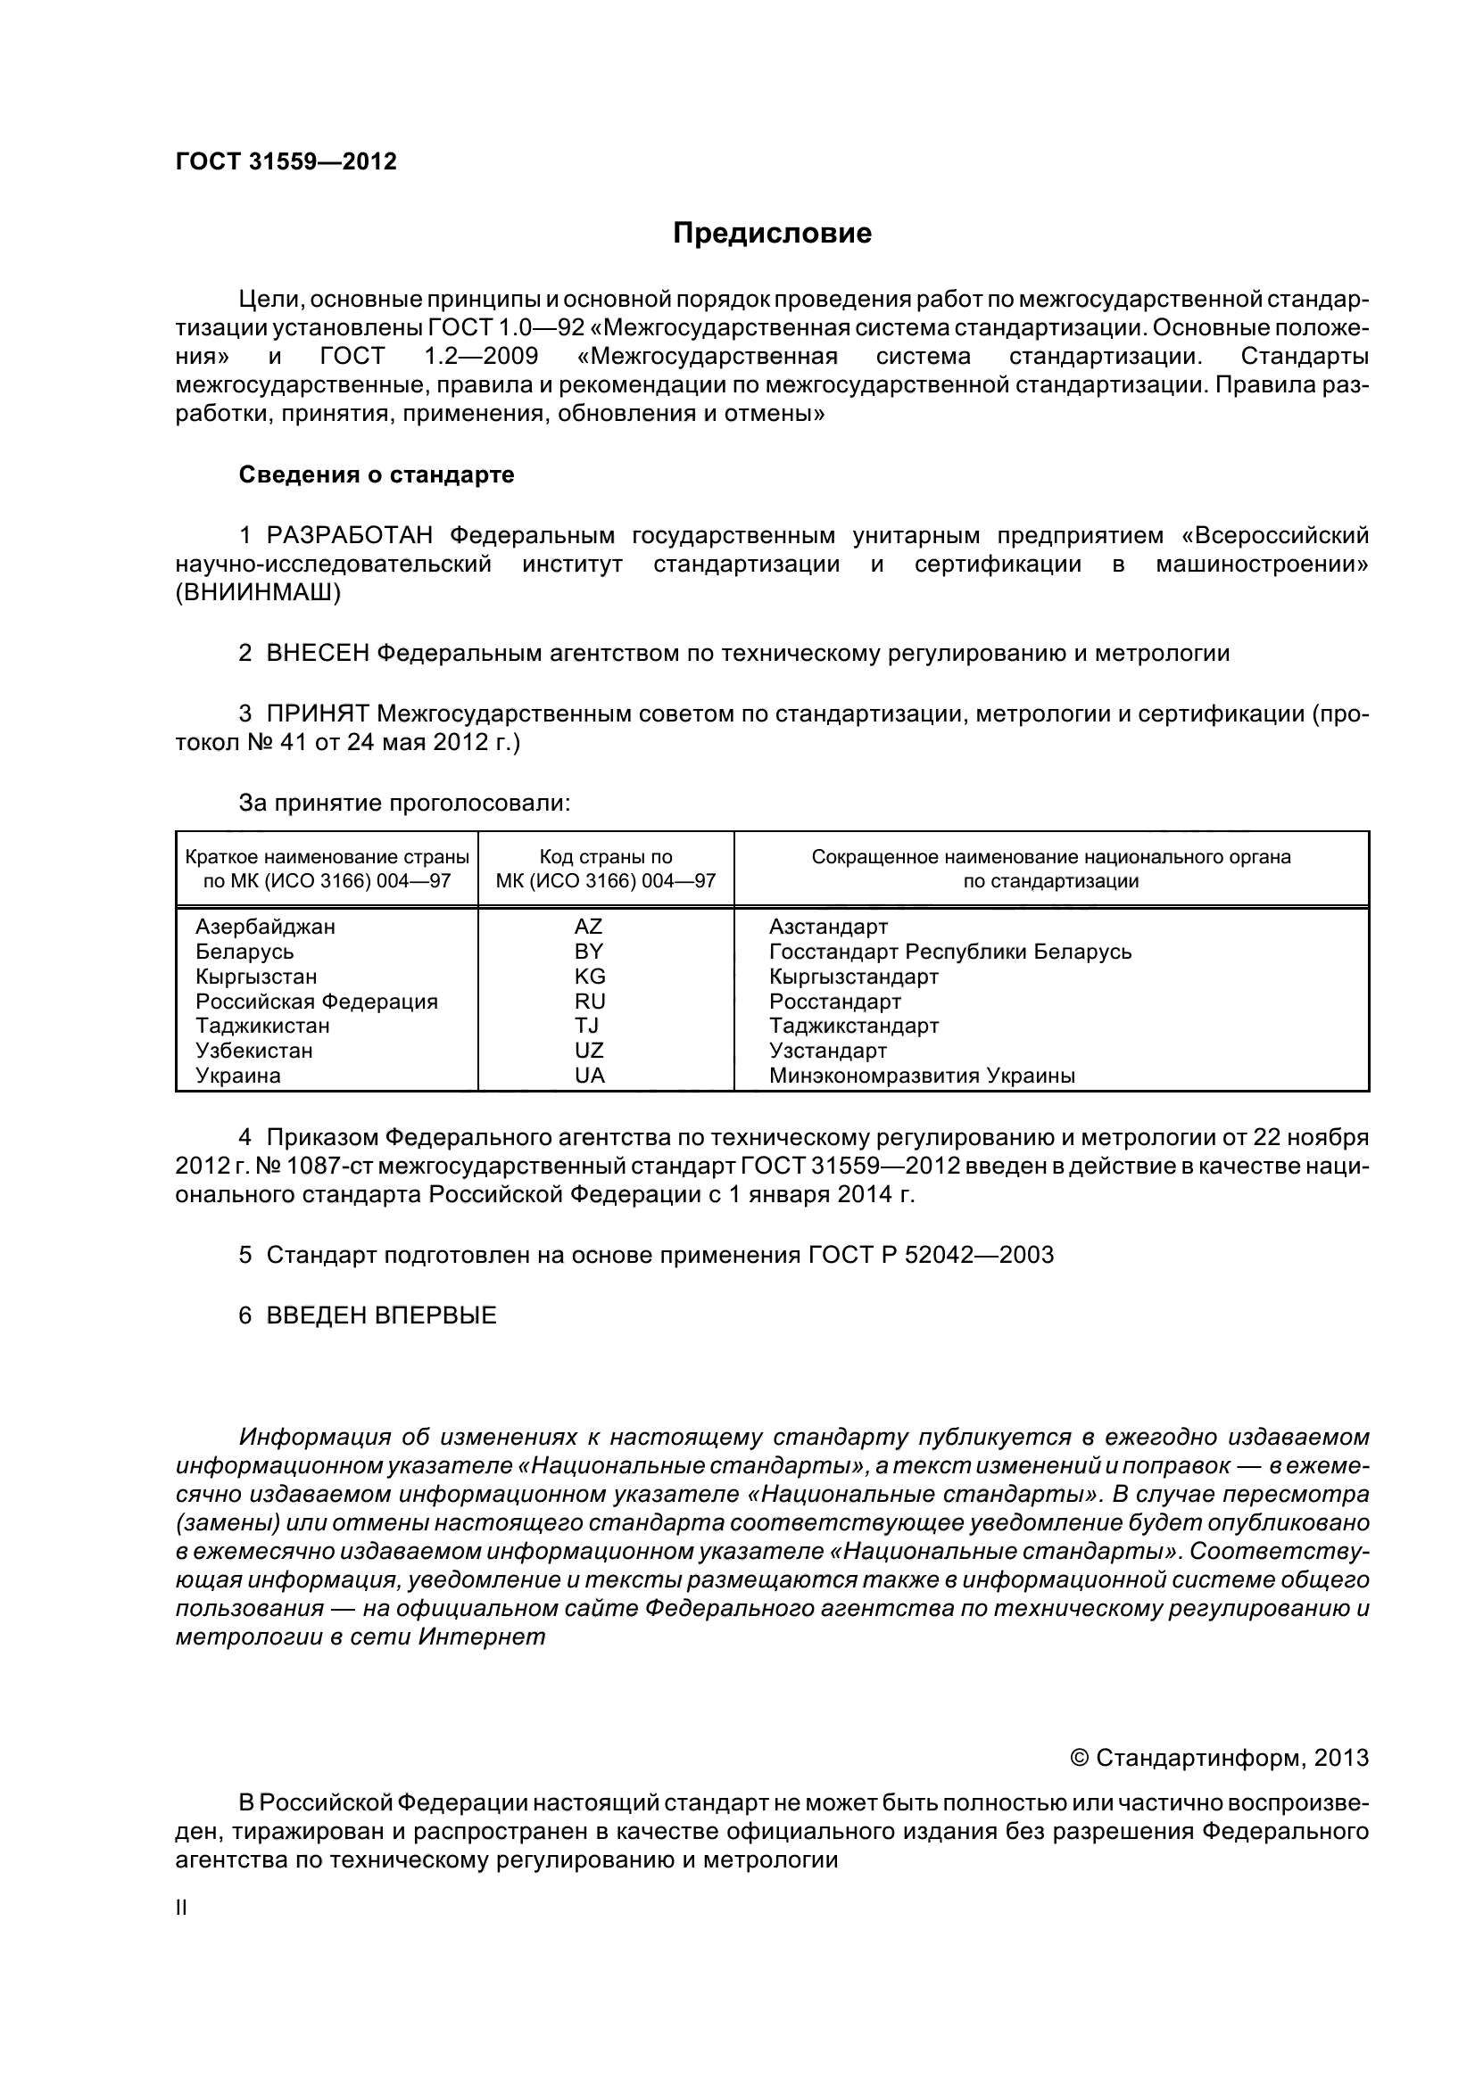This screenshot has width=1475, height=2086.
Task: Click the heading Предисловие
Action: (772, 234)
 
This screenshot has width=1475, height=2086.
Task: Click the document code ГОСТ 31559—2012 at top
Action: (286, 161)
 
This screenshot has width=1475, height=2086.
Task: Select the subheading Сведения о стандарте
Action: (377, 475)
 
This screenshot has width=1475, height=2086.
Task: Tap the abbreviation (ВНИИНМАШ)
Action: (258, 593)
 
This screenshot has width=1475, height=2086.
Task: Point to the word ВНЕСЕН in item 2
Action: (318, 653)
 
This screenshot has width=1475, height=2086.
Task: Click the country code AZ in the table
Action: (588, 927)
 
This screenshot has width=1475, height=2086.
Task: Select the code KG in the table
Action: (589, 977)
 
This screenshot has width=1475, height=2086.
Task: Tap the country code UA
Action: (589, 1076)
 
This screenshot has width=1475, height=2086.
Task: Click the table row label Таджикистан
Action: (262, 1026)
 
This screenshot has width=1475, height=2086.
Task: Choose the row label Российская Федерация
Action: (316, 1002)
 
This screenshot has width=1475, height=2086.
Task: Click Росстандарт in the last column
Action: (834, 1002)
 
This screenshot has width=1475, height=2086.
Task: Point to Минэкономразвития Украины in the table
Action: (922, 1076)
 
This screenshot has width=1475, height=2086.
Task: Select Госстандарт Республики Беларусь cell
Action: (949, 952)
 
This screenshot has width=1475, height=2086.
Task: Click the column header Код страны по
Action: (605, 857)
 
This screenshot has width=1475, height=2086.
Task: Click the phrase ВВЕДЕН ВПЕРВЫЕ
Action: (381, 1315)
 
